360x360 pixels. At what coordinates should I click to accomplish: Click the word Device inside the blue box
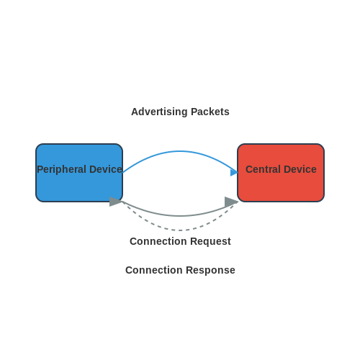pyautogui.click(x=106, y=169)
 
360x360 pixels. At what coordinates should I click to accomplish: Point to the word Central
pyautogui.click(x=263, y=169)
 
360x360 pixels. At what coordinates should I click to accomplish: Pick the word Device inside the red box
pyautogui.click(x=300, y=169)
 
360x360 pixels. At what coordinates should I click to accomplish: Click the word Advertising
pyautogui.click(x=159, y=112)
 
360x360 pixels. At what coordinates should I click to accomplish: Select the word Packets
pyautogui.click(x=210, y=112)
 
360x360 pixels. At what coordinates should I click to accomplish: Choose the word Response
pyautogui.click(x=211, y=270)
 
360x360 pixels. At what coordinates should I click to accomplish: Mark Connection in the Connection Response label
pyautogui.click(x=154, y=270)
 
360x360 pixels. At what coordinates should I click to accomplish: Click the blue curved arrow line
pyautogui.click(x=180, y=151)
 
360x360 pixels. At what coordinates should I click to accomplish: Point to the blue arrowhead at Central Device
pyautogui.click(x=234, y=172)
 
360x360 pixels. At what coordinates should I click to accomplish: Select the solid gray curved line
pyautogui.click(x=180, y=216)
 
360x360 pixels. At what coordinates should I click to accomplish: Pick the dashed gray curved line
pyautogui.click(x=180, y=230)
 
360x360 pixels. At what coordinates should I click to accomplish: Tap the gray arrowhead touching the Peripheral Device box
pyautogui.click(x=116, y=202)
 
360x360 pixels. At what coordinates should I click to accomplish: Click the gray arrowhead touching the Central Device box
pyautogui.click(x=231, y=202)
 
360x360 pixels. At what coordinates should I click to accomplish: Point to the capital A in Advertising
pyautogui.click(x=135, y=112)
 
